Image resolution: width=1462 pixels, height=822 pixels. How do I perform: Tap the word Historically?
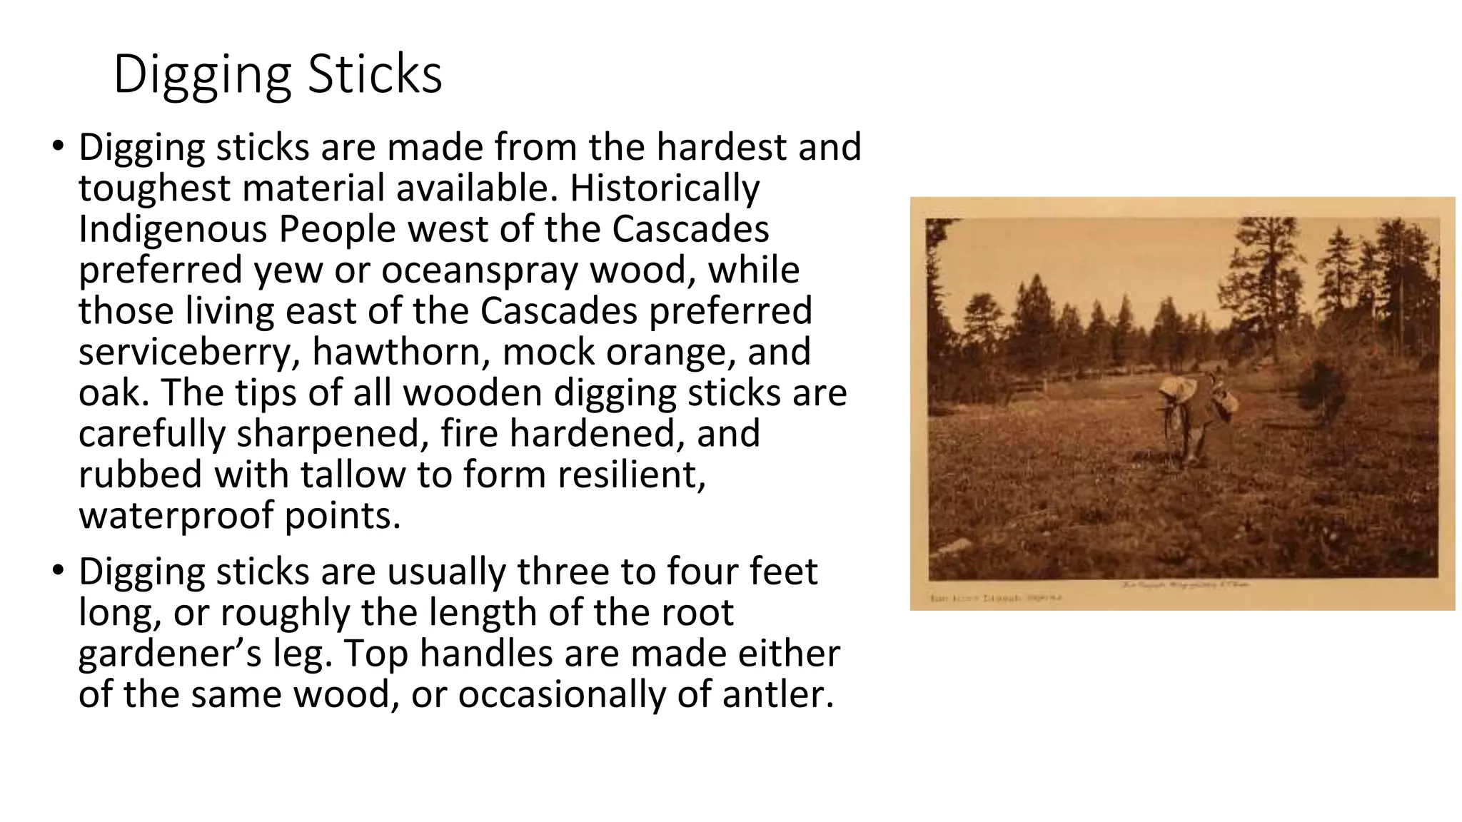(665, 188)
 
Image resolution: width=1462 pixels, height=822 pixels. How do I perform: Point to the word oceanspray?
(479, 270)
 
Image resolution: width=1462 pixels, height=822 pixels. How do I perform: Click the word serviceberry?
(188, 352)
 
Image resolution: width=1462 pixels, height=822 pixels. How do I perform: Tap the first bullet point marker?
(58, 147)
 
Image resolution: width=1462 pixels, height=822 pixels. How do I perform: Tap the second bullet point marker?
(58, 572)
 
